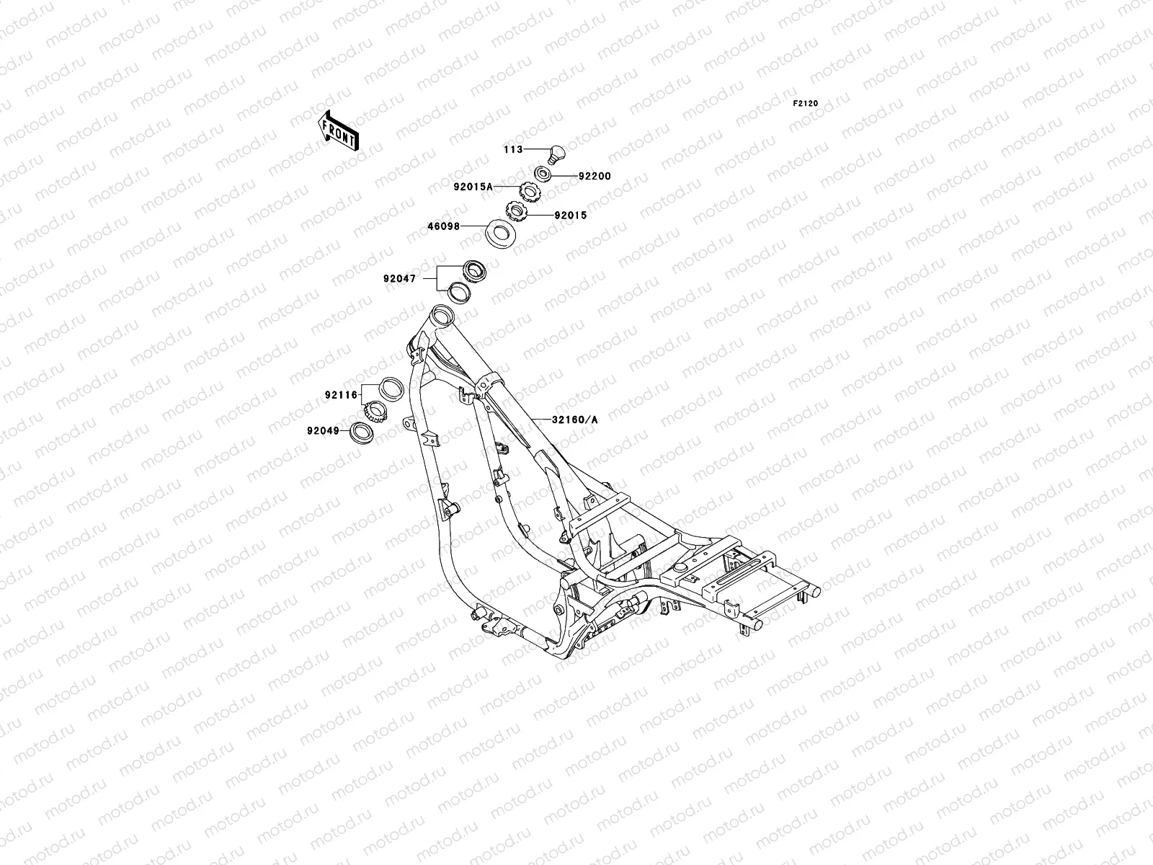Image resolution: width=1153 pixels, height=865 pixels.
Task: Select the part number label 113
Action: pyautogui.click(x=512, y=150)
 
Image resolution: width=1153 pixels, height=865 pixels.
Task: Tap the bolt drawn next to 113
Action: pyautogui.click(x=556, y=153)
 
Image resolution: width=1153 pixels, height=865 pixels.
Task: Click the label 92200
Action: pyautogui.click(x=593, y=176)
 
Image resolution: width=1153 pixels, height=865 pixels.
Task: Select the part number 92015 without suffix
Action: pyautogui.click(x=571, y=215)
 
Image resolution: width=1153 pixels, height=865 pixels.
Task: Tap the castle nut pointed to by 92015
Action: pyautogui.click(x=517, y=212)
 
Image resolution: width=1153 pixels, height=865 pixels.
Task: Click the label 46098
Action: pyautogui.click(x=445, y=226)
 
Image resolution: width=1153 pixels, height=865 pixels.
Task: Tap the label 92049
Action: pyautogui.click(x=321, y=431)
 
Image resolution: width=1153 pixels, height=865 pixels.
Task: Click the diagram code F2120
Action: pyautogui.click(x=806, y=104)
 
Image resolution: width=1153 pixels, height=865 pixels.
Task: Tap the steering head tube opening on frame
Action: pyautogui.click(x=441, y=316)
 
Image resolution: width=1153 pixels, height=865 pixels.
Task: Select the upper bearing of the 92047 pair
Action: pyautogui.click(x=475, y=270)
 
